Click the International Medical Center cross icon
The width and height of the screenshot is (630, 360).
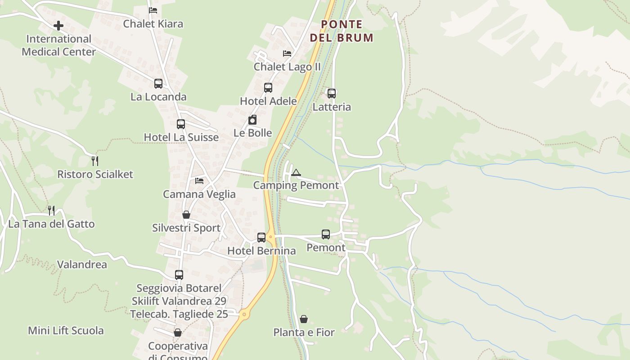pos(58,26)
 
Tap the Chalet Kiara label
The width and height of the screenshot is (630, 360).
pos(153,24)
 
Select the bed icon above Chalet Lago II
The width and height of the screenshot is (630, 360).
pos(287,53)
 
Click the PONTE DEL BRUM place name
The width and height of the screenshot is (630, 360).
pos(342,31)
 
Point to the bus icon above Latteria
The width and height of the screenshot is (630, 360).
pos(332,93)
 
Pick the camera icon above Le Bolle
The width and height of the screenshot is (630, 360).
pos(252,120)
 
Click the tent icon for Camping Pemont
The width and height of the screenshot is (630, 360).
pos(296,172)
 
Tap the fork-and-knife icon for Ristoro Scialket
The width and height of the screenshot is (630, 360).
pos(94,161)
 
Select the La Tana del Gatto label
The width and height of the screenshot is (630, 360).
pos(51,224)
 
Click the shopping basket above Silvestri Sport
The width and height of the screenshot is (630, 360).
pos(186,215)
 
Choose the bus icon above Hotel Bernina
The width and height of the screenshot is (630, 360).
pos(261,237)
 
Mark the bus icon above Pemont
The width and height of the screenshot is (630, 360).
pos(326,234)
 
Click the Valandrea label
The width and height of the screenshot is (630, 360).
pos(82,265)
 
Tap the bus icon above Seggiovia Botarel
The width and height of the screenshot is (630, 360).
pos(179,274)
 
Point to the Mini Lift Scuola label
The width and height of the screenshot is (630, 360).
pos(66,331)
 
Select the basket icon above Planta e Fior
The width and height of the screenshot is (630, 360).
pos(304,319)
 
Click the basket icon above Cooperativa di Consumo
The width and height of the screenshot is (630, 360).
pos(178,333)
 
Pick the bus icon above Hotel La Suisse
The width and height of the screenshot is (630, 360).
pos(181,124)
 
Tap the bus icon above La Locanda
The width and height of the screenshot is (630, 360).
pos(158,83)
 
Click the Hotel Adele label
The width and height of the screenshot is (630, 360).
pos(268,101)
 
